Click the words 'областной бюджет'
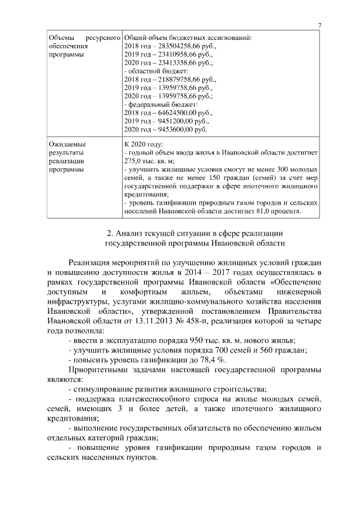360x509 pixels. pos(158,72)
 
